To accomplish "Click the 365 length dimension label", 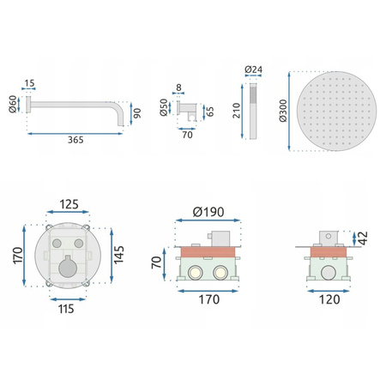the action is click(75, 140).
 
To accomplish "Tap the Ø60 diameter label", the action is click(13, 104).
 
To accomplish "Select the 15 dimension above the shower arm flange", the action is click(29, 83).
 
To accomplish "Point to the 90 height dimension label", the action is click(137, 113).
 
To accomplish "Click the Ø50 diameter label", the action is click(164, 107).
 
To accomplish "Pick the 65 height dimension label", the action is click(210, 112).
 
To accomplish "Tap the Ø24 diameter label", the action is click(253, 69).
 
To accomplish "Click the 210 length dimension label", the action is click(237, 111).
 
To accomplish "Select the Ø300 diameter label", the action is click(283, 111).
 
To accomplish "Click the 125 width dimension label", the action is click(69, 204).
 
